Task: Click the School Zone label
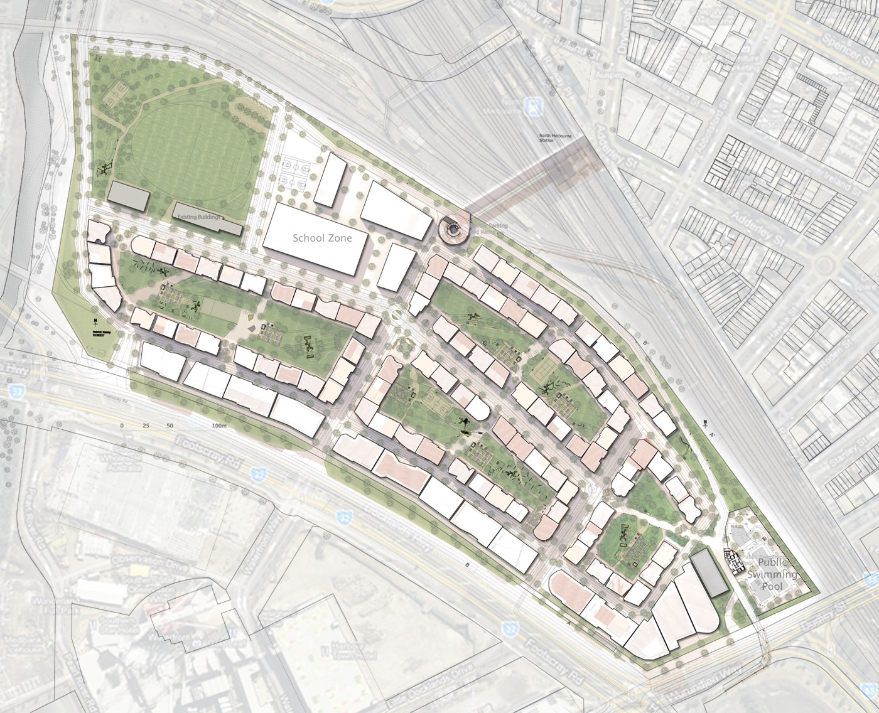point(322,239)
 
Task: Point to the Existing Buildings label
point(199,217)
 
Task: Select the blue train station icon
point(534,106)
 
